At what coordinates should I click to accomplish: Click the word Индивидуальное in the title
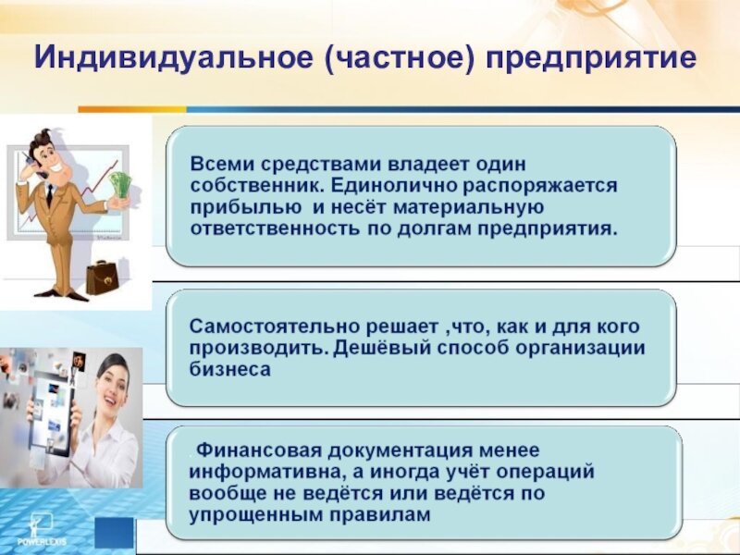(x=173, y=58)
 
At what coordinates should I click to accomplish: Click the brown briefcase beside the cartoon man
(x=102, y=277)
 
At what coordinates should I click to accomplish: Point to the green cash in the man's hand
(x=120, y=185)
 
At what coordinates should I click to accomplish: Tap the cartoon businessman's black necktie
(x=49, y=195)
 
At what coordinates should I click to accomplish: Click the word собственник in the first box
(x=257, y=186)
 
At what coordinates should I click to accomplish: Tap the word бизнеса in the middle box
(x=229, y=369)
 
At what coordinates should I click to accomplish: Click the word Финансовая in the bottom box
(x=259, y=450)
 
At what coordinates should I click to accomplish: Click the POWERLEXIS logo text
(x=42, y=541)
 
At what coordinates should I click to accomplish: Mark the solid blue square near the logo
(x=114, y=533)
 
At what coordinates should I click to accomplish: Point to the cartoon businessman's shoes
(x=62, y=295)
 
